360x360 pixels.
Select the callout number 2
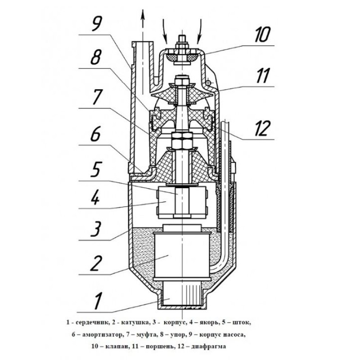click(x=95, y=262)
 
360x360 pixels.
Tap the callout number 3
click(x=95, y=229)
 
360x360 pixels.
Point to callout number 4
click(x=95, y=197)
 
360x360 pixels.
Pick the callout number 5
click(x=95, y=168)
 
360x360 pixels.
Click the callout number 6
click(x=95, y=134)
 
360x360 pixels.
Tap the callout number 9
click(x=95, y=23)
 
